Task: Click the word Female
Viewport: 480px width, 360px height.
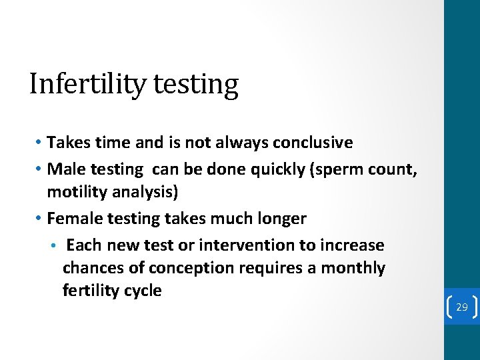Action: tap(73, 219)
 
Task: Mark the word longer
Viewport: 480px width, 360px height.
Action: tap(281, 219)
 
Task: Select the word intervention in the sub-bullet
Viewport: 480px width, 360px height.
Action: tap(245, 245)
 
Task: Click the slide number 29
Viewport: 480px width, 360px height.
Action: tap(461, 307)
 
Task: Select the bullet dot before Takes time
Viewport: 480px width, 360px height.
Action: tap(39, 143)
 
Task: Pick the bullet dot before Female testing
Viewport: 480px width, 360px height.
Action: tap(39, 219)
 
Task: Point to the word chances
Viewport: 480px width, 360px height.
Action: tap(93, 268)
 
